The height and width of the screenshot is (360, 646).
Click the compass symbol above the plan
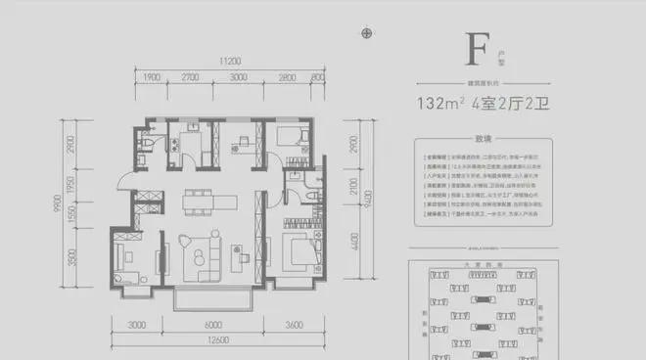click(x=367, y=33)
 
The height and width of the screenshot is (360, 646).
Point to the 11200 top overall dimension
click(x=230, y=59)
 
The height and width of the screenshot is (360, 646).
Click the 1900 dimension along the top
click(x=151, y=76)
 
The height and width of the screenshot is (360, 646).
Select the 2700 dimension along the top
click(x=190, y=76)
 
